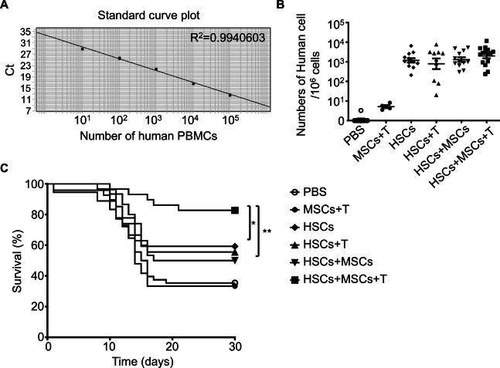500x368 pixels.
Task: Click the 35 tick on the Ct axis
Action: pyautogui.click(x=26, y=32)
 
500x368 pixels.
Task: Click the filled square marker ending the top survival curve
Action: pyautogui.click(x=233, y=210)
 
